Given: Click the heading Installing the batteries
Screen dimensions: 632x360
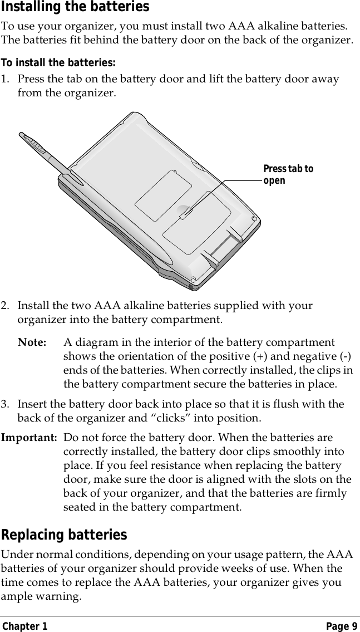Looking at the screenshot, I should (x=75, y=7).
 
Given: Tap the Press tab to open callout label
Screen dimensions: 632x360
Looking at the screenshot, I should (x=288, y=174).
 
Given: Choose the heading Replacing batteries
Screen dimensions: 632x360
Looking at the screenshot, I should (x=64, y=535).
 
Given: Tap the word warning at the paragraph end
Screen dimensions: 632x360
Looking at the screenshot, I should (x=59, y=596).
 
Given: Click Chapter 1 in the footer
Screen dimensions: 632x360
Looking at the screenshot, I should (x=24, y=626).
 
